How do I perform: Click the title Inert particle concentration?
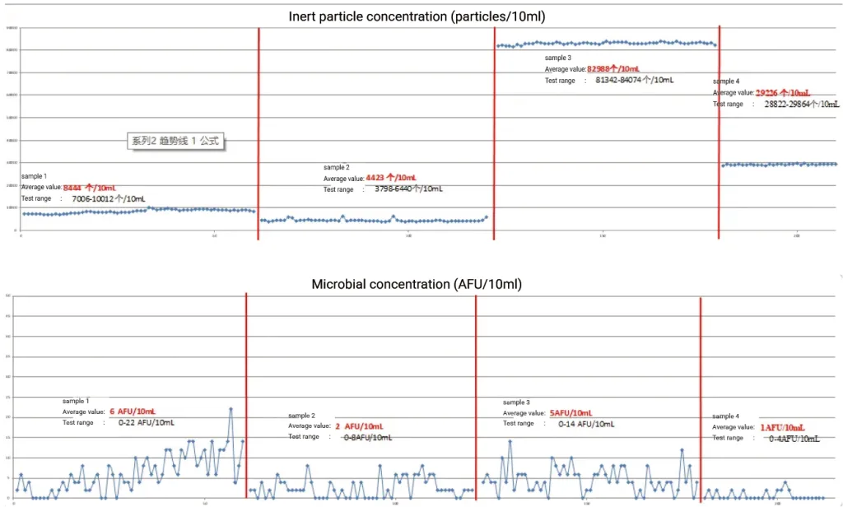point(417,16)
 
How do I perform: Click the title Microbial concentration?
point(417,284)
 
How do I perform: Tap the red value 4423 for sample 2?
point(391,178)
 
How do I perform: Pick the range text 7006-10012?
point(109,198)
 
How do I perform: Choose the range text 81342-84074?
point(635,81)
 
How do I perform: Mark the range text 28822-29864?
point(801,105)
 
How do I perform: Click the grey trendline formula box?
point(176,142)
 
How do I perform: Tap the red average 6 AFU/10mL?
point(132,412)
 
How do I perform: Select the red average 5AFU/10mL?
point(571,412)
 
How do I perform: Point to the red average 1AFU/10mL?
point(782,427)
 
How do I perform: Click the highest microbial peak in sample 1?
point(231,409)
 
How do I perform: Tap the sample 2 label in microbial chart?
point(302,416)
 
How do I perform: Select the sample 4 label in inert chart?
point(726,81)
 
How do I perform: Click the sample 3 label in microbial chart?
point(516,402)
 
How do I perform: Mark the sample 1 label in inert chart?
point(34,176)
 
